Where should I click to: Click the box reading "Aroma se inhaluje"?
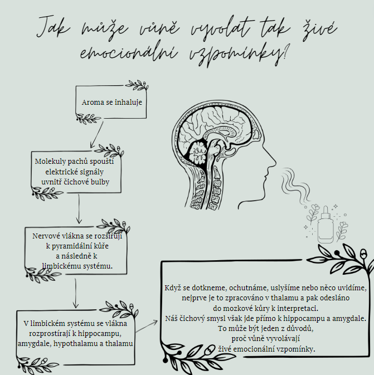click(x=112, y=103)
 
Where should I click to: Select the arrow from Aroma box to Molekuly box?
click(x=96, y=134)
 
